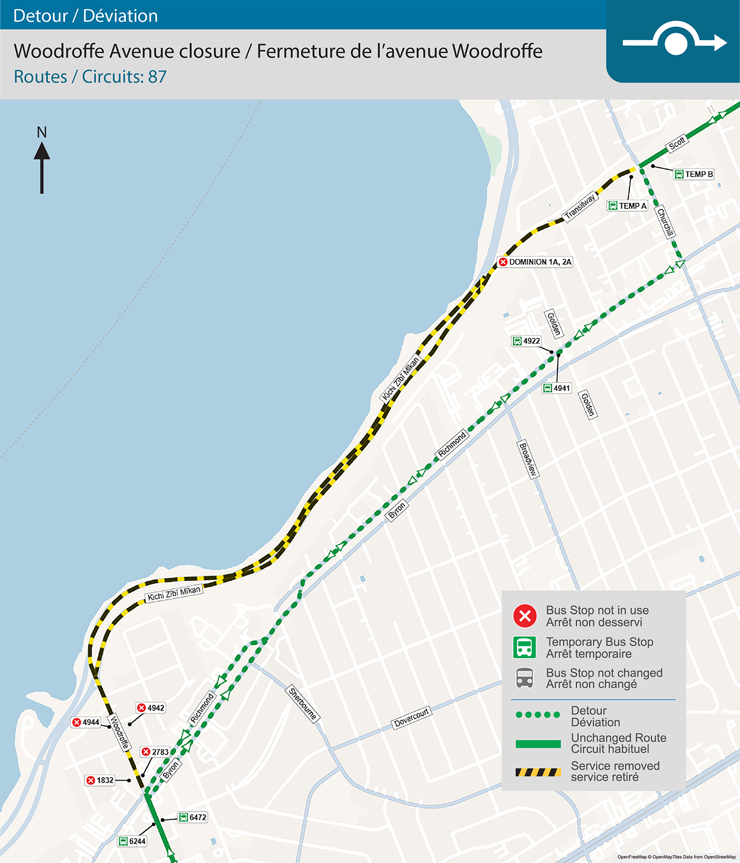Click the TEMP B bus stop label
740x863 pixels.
[694, 174]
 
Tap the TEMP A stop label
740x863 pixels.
[627, 206]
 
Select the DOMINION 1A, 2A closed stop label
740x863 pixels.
[535, 262]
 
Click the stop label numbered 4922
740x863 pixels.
[526, 341]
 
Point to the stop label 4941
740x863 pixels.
[557, 388]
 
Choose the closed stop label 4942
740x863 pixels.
[151, 708]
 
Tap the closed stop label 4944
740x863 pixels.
[86, 722]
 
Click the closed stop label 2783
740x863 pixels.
[155, 751]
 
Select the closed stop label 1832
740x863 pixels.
[100, 780]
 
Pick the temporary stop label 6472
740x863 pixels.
[193, 817]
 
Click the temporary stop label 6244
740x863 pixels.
[132, 841]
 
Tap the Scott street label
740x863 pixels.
[677, 143]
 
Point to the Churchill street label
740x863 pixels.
[665, 222]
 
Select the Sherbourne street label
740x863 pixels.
[303, 703]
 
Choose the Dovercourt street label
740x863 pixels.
[412, 717]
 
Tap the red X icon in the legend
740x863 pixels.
[525, 616]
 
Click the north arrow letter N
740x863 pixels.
[42, 132]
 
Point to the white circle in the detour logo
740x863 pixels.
[676, 43]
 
